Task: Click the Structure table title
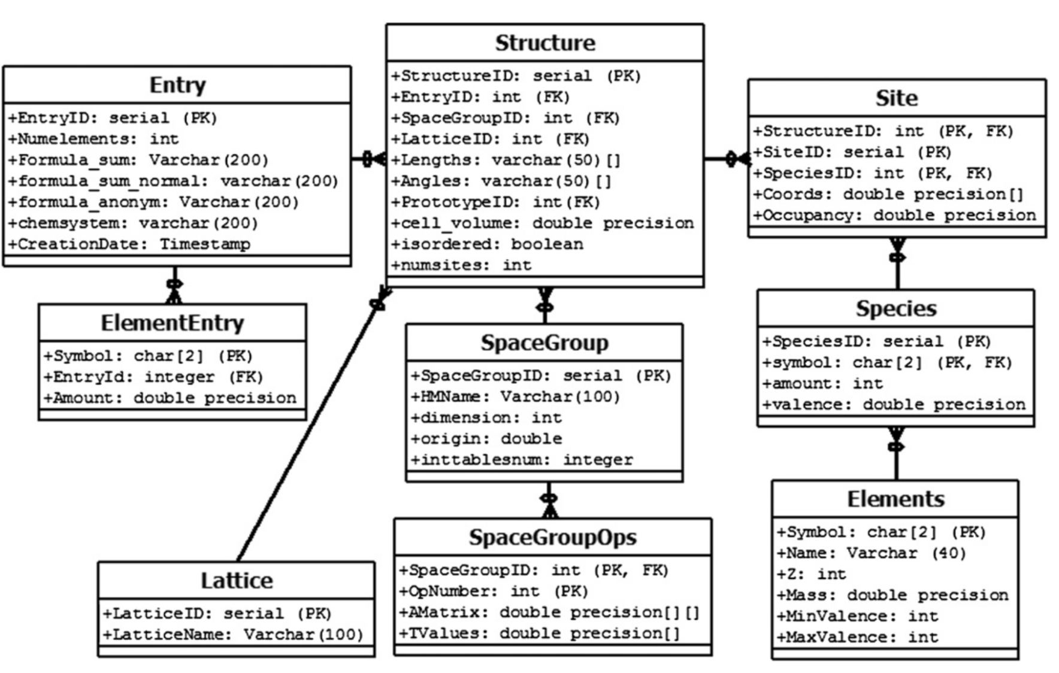click(544, 43)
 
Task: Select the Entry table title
click(177, 85)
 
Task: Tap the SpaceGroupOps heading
click(552, 537)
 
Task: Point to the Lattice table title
click(237, 580)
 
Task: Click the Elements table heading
click(895, 499)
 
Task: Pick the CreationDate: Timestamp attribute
click(129, 244)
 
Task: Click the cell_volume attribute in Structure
click(542, 223)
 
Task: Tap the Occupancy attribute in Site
click(894, 216)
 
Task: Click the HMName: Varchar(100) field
click(515, 397)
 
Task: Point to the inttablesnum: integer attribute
click(521, 460)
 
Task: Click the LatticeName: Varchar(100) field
click(233, 635)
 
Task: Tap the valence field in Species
click(893, 405)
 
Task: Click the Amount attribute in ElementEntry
click(170, 398)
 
